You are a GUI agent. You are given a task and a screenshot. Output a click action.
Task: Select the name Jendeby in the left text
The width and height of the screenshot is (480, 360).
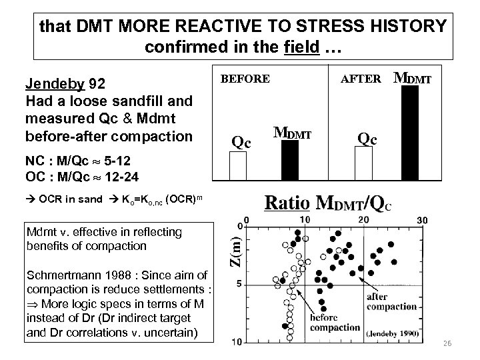click(53, 85)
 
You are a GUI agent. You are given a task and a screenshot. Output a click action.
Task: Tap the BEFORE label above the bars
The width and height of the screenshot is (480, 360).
click(245, 79)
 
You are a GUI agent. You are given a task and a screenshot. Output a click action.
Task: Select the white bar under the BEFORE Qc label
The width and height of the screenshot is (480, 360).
click(238, 165)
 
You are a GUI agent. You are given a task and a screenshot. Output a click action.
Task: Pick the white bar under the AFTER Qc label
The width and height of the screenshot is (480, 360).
click(363, 163)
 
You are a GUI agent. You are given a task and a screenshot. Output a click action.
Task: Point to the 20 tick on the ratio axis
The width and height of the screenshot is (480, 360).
click(363, 221)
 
